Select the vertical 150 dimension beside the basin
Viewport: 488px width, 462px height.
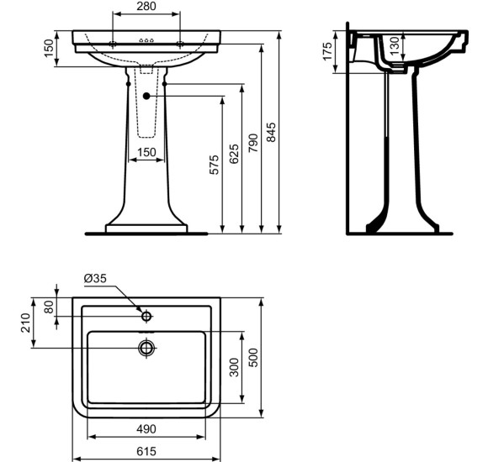(49, 50)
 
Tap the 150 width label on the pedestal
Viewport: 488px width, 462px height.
(146, 152)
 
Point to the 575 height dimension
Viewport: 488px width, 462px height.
(214, 165)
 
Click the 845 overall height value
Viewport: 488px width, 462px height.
(271, 132)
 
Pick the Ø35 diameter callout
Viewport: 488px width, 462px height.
(95, 279)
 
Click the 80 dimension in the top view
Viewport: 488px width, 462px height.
(49, 307)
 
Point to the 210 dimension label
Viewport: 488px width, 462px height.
(26, 323)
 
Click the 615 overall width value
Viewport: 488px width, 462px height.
(146, 451)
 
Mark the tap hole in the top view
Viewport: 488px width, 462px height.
(146, 317)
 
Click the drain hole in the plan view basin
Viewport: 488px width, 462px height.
(147, 346)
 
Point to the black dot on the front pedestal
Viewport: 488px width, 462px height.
(146, 96)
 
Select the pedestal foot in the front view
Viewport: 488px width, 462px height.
(146, 227)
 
